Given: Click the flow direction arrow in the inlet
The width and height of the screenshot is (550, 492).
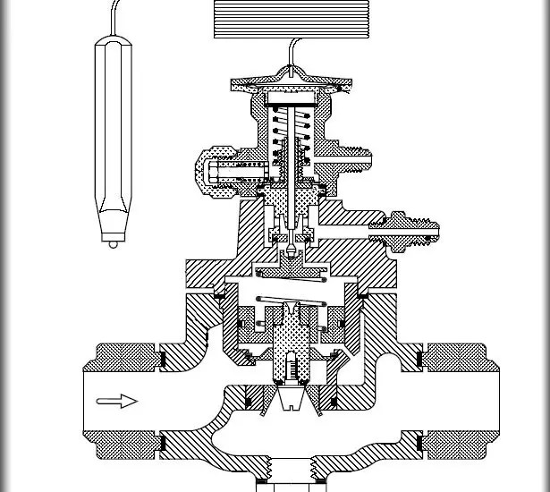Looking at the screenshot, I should pos(116,401).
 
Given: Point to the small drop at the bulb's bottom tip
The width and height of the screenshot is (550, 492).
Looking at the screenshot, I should pos(114,242).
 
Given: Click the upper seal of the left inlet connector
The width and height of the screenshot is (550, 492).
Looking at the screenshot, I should pos(163,360).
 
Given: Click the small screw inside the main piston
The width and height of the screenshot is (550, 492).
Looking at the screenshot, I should pos(288,367).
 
